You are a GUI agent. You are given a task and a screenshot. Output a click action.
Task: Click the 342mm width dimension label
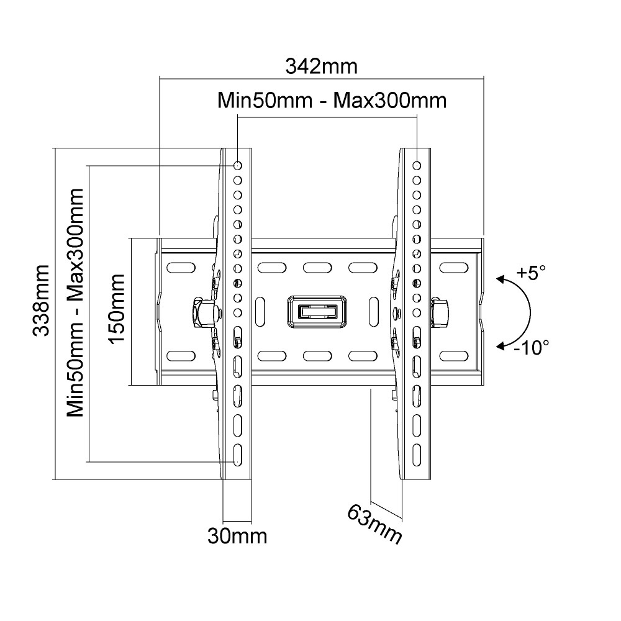321,66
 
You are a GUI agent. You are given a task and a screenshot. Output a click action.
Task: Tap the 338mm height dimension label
41,301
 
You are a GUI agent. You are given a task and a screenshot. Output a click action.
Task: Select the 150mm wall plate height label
117,309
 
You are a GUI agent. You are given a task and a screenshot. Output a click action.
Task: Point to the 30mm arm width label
237,537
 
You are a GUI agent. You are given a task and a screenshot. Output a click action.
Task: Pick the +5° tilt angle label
531,273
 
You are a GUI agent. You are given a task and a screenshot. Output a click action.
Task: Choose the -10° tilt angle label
532,347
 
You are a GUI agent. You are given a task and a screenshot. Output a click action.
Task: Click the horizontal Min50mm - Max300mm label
332,101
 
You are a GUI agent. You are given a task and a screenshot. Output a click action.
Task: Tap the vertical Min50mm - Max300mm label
75,302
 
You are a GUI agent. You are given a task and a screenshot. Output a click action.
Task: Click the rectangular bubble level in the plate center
317,312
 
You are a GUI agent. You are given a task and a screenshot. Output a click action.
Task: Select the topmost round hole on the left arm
238,165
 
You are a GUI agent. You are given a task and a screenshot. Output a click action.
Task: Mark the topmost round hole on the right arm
417,165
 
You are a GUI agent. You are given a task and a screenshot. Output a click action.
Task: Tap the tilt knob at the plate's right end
439,312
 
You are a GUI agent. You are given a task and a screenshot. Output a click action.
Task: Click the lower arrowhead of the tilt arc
501,347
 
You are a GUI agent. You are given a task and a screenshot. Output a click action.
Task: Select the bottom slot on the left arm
238,455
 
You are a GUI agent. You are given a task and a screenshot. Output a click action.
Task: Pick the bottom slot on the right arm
417,455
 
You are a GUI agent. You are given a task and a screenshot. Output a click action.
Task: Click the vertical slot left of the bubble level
261,312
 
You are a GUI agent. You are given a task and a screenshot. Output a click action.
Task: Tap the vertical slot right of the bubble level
373,312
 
